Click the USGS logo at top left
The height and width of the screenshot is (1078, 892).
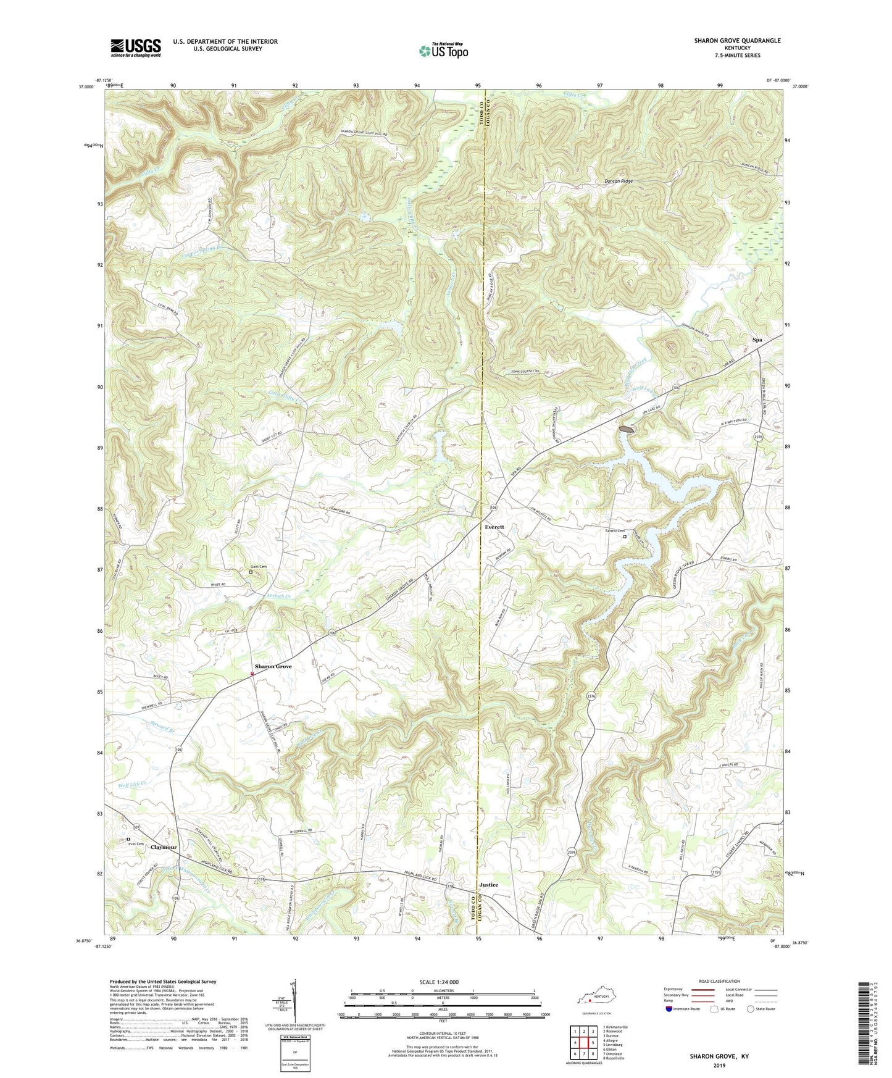click(135, 48)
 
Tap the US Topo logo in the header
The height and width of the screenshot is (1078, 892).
click(443, 51)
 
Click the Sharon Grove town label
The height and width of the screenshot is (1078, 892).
click(273, 667)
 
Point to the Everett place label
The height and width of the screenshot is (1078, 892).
click(494, 527)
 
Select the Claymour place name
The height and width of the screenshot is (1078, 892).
click(164, 847)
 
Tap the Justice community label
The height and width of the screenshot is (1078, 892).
click(488, 885)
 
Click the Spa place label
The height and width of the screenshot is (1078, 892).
click(757, 340)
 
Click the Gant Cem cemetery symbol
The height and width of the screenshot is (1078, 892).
click(251, 572)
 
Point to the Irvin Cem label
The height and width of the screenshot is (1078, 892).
click(136, 845)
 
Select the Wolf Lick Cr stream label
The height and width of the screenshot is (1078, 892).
click(134, 784)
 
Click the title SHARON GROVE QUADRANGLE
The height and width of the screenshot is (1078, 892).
click(728, 41)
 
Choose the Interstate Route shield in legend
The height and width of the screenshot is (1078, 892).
click(670, 1009)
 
